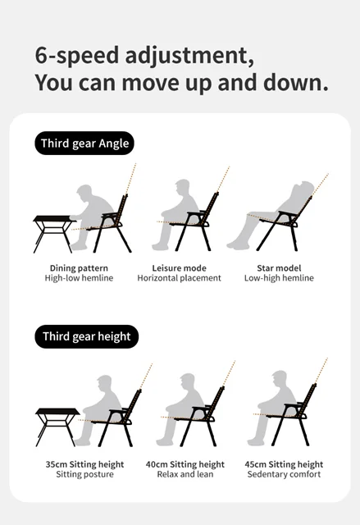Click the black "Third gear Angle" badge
[x=84, y=144]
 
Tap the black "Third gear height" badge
[x=87, y=336]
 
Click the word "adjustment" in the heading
[x=189, y=56]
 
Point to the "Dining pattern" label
[x=79, y=268]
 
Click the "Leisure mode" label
[x=179, y=268]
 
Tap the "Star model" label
[x=279, y=268]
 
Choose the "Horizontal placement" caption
[x=179, y=278]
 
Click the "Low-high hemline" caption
[x=279, y=278]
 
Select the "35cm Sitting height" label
[x=84, y=464]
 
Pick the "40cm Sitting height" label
[x=185, y=464]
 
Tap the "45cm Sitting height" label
[x=284, y=464]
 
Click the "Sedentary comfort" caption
[x=284, y=474]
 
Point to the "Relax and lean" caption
[x=185, y=474]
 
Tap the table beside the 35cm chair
[x=57, y=427]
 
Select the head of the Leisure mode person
[x=183, y=188]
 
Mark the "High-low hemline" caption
[x=79, y=278]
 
